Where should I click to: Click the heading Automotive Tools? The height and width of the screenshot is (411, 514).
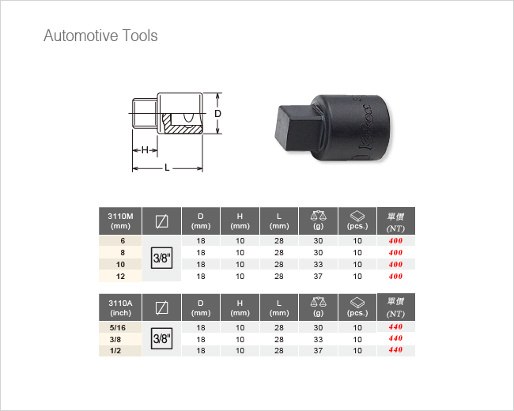pos(100,36)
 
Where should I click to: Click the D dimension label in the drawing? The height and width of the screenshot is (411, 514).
pos(217,113)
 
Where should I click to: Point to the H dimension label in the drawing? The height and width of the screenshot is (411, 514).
pos(145,150)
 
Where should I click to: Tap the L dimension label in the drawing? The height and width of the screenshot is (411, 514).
pos(167,168)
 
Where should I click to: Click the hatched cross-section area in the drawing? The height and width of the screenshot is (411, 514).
pos(181,126)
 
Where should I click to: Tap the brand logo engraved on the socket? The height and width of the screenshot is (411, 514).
pos(366,126)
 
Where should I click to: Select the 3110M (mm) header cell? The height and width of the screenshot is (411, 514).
pos(120,221)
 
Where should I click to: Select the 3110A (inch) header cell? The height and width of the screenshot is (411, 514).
pos(120,307)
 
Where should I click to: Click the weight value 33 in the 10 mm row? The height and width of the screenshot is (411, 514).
pos(318,265)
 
